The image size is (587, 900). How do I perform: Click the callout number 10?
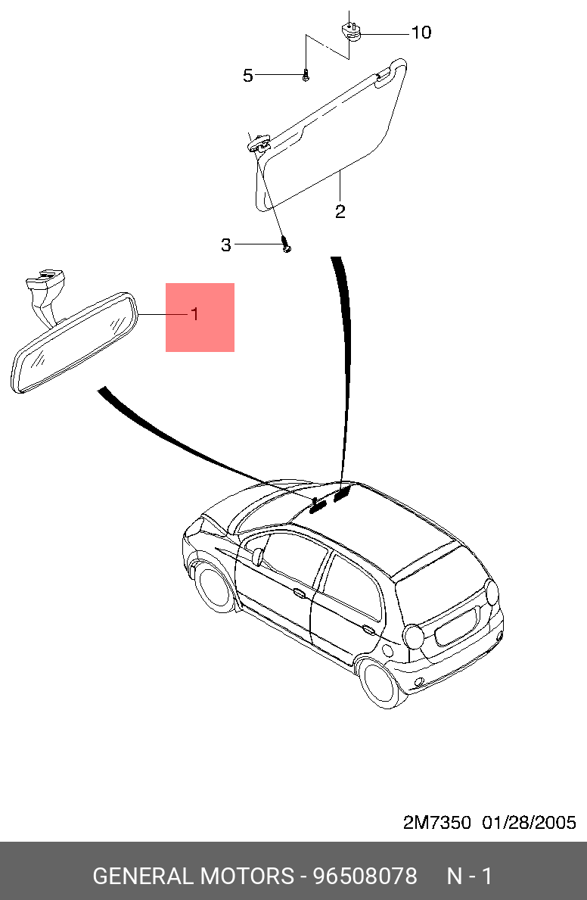coord(421,33)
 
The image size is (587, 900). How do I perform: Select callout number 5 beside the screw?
coord(248,76)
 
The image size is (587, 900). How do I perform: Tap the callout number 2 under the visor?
coord(340,211)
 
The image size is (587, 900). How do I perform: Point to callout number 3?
coord(226,245)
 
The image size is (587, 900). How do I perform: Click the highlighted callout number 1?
coord(195,314)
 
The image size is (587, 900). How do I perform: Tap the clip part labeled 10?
coord(350,32)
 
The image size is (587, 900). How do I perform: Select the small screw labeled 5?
coord(305,76)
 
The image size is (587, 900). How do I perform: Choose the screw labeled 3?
coord(286,245)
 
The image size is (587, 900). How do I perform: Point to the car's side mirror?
coord(258,557)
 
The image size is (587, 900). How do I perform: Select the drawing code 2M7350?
coord(437,823)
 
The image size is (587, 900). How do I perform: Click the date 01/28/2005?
coord(530,823)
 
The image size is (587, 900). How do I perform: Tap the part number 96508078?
coord(365,877)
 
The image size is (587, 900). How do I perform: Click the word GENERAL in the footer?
coord(143,877)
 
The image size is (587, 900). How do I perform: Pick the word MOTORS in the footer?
coord(247,877)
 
